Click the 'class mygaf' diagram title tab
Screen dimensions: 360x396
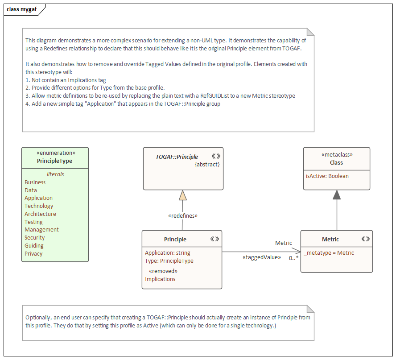pyautogui.click(x=21, y=9)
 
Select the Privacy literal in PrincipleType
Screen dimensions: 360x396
pyautogui.click(x=33, y=254)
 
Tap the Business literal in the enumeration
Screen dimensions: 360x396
pyautogui.click(x=35, y=182)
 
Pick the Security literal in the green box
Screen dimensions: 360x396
pyautogui.click(x=34, y=238)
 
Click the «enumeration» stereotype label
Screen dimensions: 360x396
pyautogui.click(x=55, y=153)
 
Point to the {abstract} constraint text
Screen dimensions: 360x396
pyautogui.click(x=207, y=165)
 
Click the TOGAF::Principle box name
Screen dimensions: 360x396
pyautogui.click(x=177, y=157)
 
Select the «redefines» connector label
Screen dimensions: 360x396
pyautogui.click(x=182, y=215)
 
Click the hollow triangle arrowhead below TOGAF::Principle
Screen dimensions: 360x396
pyautogui.click(x=182, y=195)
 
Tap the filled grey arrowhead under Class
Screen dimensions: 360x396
pyautogui.click(x=337, y=195)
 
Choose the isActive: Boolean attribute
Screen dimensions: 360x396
pyautogui.click(x=327, y=176)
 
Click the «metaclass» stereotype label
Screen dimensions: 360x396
pyautogui.click(x=337, y=155)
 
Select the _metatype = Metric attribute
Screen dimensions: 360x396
pyautogui.click(x=329, y=253)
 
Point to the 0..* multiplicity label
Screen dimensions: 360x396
pyautogui.click(x=293, y=258)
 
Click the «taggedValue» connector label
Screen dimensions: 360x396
pyautogui.click(x=261, y=257)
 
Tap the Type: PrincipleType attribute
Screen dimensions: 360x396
pyautogui.click(x=169, y=261)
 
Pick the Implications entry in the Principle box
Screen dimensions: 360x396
pyautogui.click(x=160, y=279)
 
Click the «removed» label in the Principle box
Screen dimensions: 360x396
pyautogui.click(x=163, y=271)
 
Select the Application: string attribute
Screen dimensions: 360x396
pyautogui.click(x=167, y=253)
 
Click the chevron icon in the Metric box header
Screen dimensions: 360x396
pyautogui.click(x=365, y=239)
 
